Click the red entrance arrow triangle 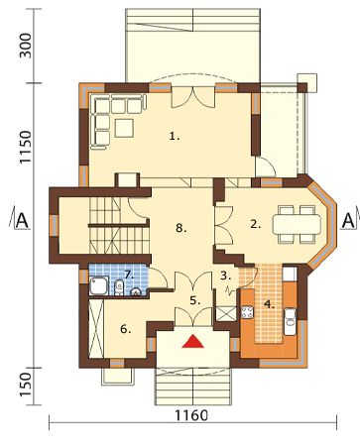pos(193,342)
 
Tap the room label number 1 pos(175,136)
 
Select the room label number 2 pos(256,225)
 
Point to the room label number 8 pos(181,228)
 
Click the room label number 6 pos(126,329)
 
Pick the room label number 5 pos(195,300)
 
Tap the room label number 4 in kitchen pos(269,304)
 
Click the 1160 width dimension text pos(191,415)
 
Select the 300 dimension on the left pos(25,46)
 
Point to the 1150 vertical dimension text pos(25,147)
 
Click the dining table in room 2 pos(297,225)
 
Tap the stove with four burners pos(247,312)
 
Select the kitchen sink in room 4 pos(291,321)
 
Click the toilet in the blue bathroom pos(119,287)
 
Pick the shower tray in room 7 pos(98,286)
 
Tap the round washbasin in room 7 pos(136,292)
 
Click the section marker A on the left pos(22,221)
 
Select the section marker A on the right pos(348,221)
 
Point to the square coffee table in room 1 pos(124,128)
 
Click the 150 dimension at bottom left pos(25,386)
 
